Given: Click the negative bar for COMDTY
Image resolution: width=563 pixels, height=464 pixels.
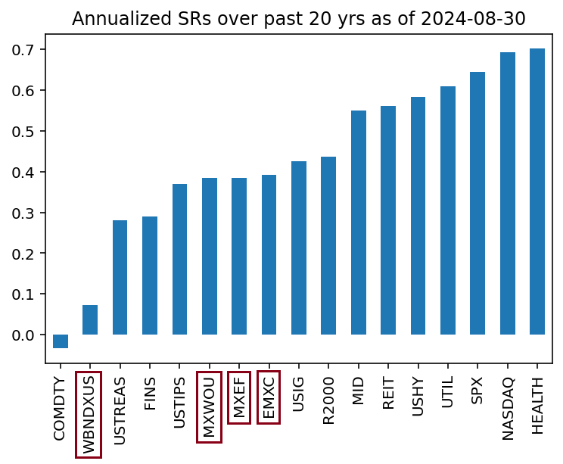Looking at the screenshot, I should pos(60,341).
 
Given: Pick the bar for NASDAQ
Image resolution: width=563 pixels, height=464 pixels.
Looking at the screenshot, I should pos(508,194).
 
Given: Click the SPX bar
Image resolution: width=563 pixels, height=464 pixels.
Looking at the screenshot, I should pos(477,204).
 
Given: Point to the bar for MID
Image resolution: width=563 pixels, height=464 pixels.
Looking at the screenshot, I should pos(359,223).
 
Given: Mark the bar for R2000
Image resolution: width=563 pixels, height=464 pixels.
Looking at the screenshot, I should pos(328,246).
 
